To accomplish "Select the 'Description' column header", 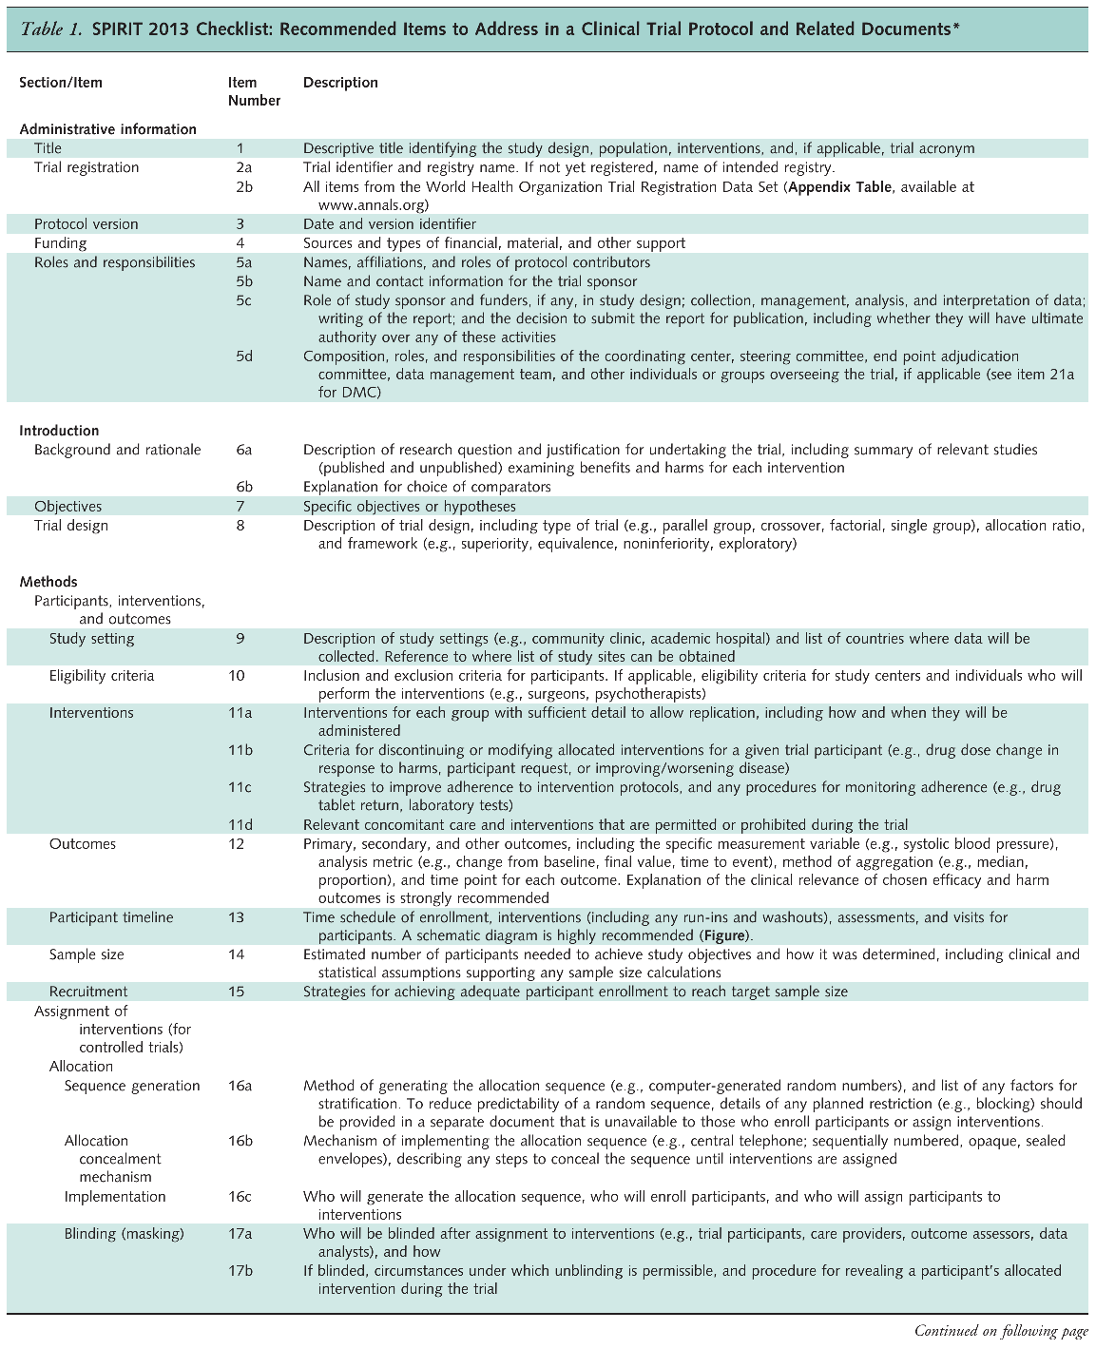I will [340, 83].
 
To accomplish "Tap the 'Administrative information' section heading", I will [107, 129].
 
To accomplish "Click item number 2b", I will [244, 187].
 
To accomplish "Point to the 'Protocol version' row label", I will [86, 224].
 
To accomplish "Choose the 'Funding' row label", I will [60, 243].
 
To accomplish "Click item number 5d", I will [244, 357].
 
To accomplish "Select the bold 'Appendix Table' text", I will [839, 187].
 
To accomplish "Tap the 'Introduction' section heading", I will [59, 431].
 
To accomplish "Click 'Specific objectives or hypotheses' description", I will [409, 507].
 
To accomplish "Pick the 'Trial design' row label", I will [71, 526].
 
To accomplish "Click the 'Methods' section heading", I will [48, 582].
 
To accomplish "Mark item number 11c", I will [240, 787].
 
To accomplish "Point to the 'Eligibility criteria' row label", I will [102, 676].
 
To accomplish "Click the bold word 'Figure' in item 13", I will [728, 936].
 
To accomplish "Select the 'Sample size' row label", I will [87, 954].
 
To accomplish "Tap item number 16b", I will [240, 1141].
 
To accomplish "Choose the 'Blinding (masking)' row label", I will [125, 1234].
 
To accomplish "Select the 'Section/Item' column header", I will [61, 83].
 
